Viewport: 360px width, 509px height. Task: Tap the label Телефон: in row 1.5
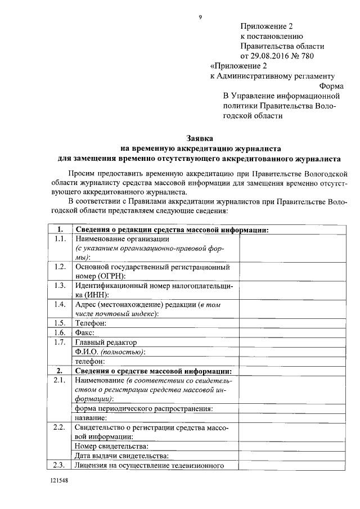(91, 323)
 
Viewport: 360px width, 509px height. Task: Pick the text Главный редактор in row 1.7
(106, 342)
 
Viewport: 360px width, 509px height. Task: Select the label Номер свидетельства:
(107, 446)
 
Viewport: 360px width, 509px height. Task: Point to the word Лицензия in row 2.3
(91, 465)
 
